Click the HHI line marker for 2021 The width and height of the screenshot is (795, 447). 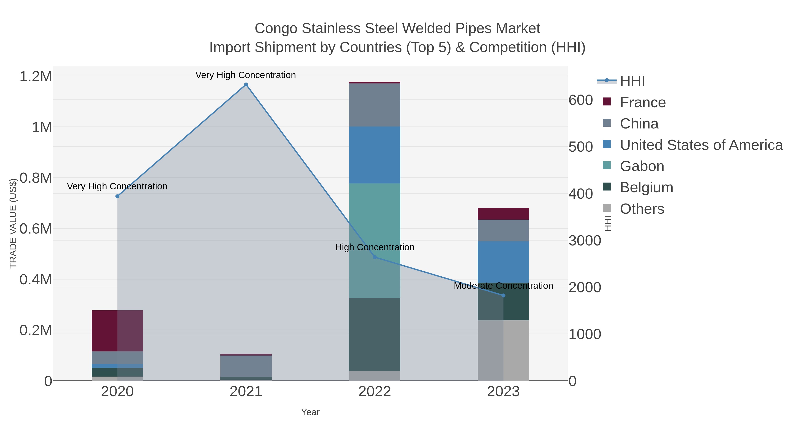click(x=246, y=85)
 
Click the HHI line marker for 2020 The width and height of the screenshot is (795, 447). click(x=117, y=196)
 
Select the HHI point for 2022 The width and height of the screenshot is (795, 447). click(x=375, y=257)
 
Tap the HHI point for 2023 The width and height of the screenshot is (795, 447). click(x=503, y=296)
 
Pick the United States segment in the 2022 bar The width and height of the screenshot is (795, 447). click(x=375, y=155)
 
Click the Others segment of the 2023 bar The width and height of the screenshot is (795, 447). click(x=503, y=351)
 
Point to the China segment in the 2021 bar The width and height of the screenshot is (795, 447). click(x=246, y=366)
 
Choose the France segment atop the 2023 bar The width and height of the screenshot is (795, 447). click(x=503, y=214)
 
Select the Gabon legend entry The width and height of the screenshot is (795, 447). click(x=642, y=166)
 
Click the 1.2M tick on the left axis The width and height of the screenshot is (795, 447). click(x=36, y=77)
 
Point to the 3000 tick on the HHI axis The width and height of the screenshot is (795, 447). click(x=585, y=241)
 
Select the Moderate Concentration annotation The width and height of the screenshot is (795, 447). click(x=503, y=286)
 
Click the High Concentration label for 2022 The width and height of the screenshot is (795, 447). click(x=375, y=247)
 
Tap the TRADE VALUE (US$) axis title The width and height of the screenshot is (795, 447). click(x=13, y=223)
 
